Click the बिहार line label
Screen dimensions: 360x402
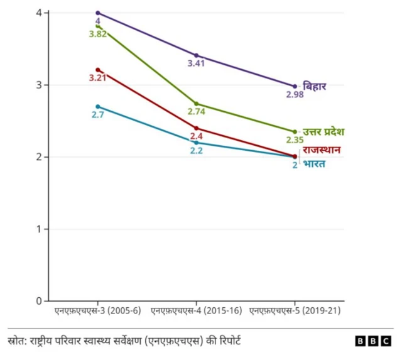[x=315, y=86]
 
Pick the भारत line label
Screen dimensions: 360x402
[x=315, y=165]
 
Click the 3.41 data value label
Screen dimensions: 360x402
[x=197, y=63]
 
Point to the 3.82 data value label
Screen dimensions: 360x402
[x=97, y=33]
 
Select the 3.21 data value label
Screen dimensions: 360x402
[x=97, y=78]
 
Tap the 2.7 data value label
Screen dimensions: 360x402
[x=97, y=114]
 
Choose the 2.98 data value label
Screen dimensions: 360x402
[x=295, y=94]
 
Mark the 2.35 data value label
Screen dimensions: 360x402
[x=295, y=140]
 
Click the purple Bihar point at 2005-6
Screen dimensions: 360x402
[x=97, y=13]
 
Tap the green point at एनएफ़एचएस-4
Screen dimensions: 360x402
[x=197, y=104]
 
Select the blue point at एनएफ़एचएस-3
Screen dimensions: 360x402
[x=97, y=107]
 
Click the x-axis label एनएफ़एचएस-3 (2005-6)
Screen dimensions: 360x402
[x=97, y=311]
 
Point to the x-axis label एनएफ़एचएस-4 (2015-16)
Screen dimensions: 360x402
[x=197, y=311]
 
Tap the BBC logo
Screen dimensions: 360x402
[x=372, y=341]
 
